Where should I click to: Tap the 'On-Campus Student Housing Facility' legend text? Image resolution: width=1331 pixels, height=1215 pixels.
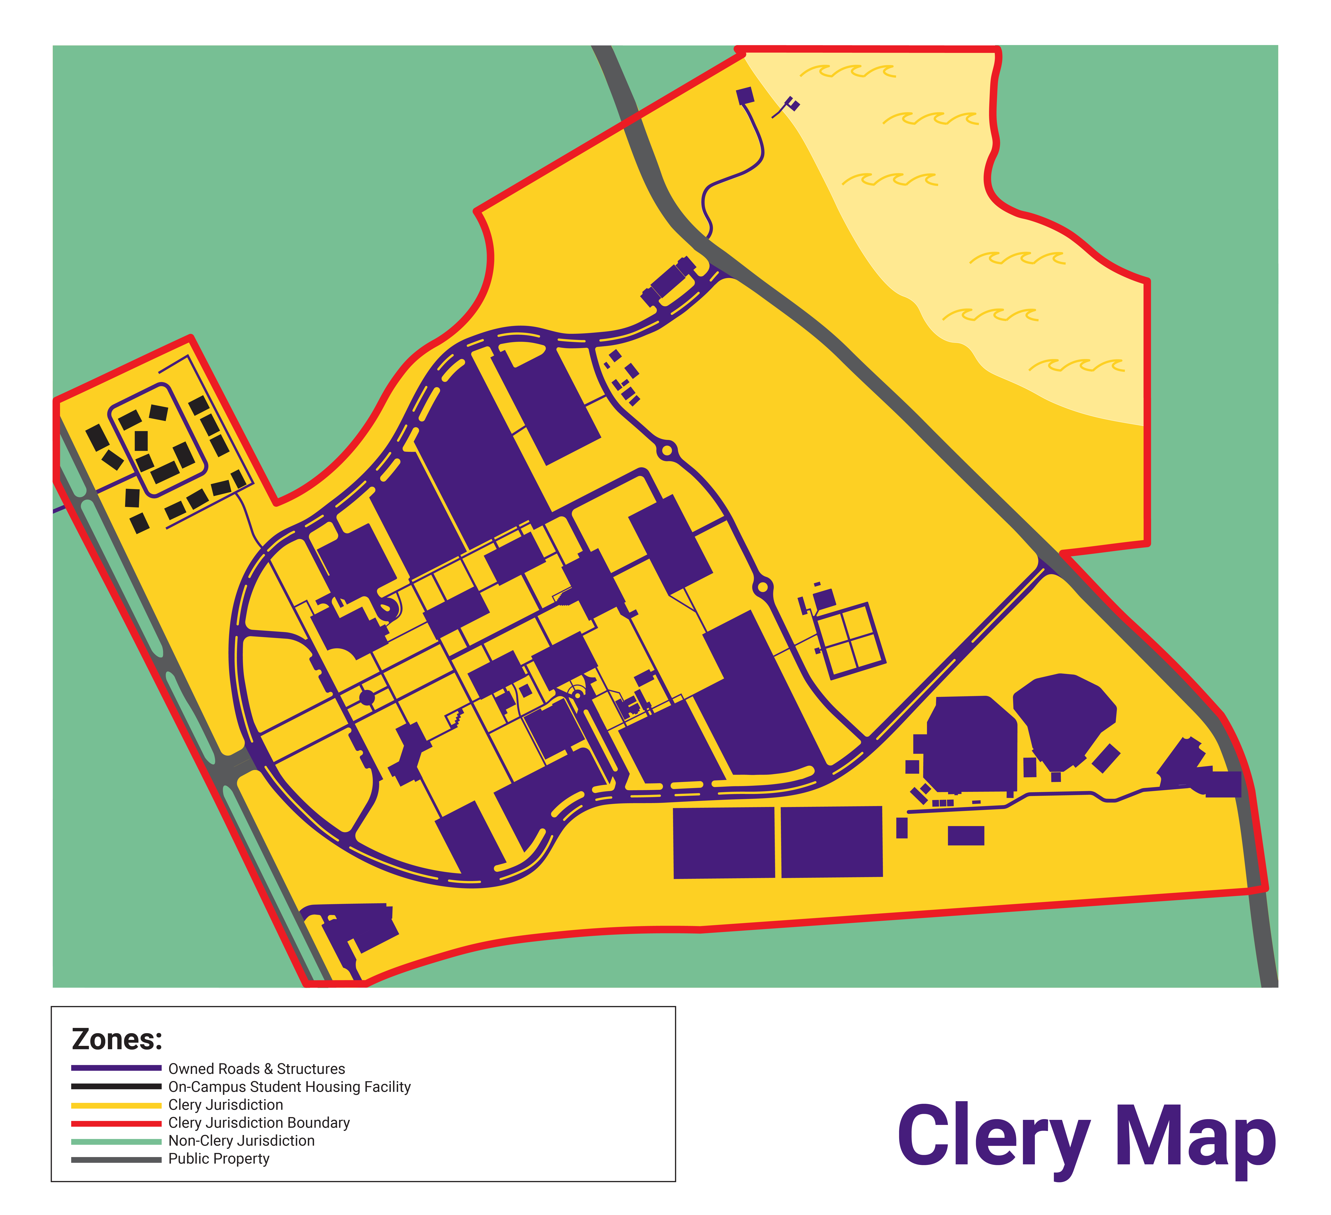click(x=289, y=1086)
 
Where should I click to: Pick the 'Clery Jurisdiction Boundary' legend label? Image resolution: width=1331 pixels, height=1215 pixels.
click(x=259, y=1123)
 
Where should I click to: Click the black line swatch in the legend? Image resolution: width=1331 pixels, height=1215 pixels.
click(x=116, y=1086)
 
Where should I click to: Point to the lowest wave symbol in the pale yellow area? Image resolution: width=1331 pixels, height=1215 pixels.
click(x=1076, y=365)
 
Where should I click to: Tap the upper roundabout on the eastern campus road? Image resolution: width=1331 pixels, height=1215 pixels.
click(x=667, y=451)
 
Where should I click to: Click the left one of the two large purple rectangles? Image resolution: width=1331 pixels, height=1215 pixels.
click(x=724, y=842)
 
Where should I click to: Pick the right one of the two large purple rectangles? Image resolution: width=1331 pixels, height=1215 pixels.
click(x=832, y=841)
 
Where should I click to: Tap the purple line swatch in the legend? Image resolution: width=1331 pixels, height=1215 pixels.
click(x=116, y=1068)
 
